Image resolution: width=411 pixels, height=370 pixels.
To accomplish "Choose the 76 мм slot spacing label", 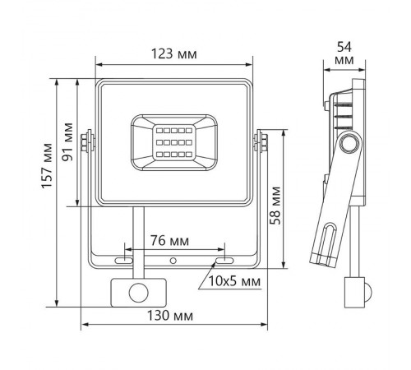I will click(174, 242).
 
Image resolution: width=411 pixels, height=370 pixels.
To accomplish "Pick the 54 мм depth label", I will click(345, 53).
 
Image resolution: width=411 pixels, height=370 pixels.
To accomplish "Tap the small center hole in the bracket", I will click(173, 261).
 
